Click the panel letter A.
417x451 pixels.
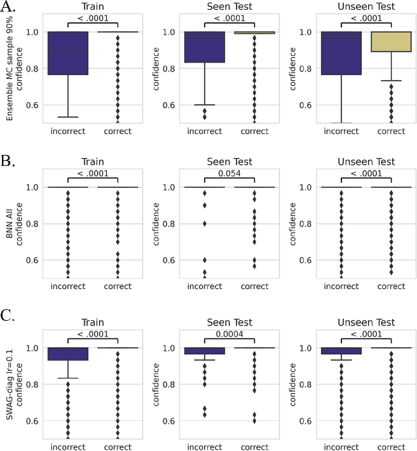pos(8,8)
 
